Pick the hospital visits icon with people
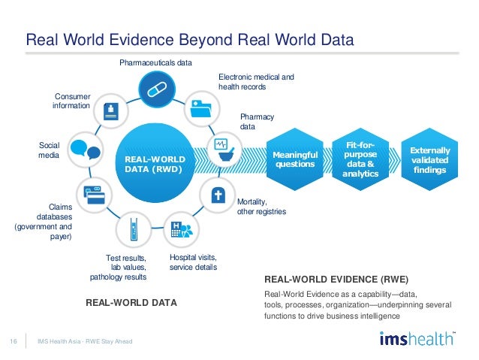coord(180,231)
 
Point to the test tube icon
coord(133,230)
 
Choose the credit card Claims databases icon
coord(92,194)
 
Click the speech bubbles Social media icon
coord(84,149)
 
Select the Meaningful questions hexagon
coord(295,160)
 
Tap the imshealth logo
coord(417,338)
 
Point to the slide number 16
coord(14,342)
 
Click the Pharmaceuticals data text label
coord(155,62)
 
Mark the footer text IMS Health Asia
coord(61,342)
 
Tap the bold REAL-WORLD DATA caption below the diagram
coord(132,303)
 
